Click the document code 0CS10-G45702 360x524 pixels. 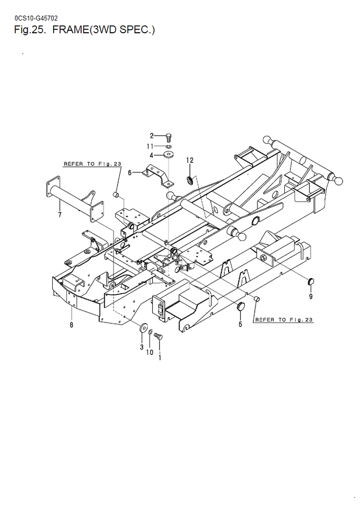coord(36,18)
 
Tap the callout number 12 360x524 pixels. coord(190,160)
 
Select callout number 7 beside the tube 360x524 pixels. coord(60,214)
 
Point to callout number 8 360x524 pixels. coord(72,324)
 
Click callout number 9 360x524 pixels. coord(311,296)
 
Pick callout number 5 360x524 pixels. coord(240,324)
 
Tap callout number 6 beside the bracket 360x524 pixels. coord(130,173)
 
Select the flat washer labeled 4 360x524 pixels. coord(169,155)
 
